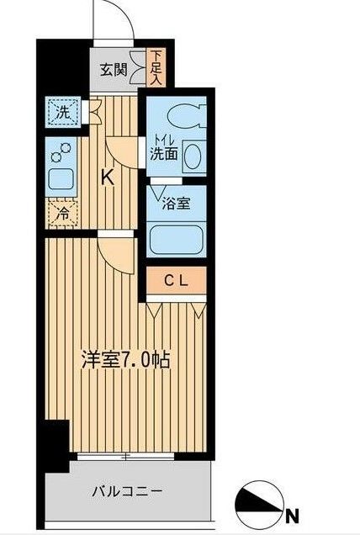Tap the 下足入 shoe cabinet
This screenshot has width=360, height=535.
coord(157,67)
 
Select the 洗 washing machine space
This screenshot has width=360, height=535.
coord(63,110)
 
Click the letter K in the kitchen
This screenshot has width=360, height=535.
coord(108,177)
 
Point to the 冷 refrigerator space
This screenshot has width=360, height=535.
coord(62,215)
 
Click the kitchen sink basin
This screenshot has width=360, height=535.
coord(61,178)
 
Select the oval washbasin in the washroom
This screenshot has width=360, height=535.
coord(193,156)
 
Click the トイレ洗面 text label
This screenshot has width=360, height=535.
coord(163,148)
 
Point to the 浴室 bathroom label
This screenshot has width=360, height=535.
coord(177,203)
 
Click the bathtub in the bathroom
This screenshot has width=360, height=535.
coord(177,238)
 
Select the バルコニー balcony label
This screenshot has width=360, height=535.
coord(126,491)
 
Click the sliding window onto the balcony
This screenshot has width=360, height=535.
coord(127,458)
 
